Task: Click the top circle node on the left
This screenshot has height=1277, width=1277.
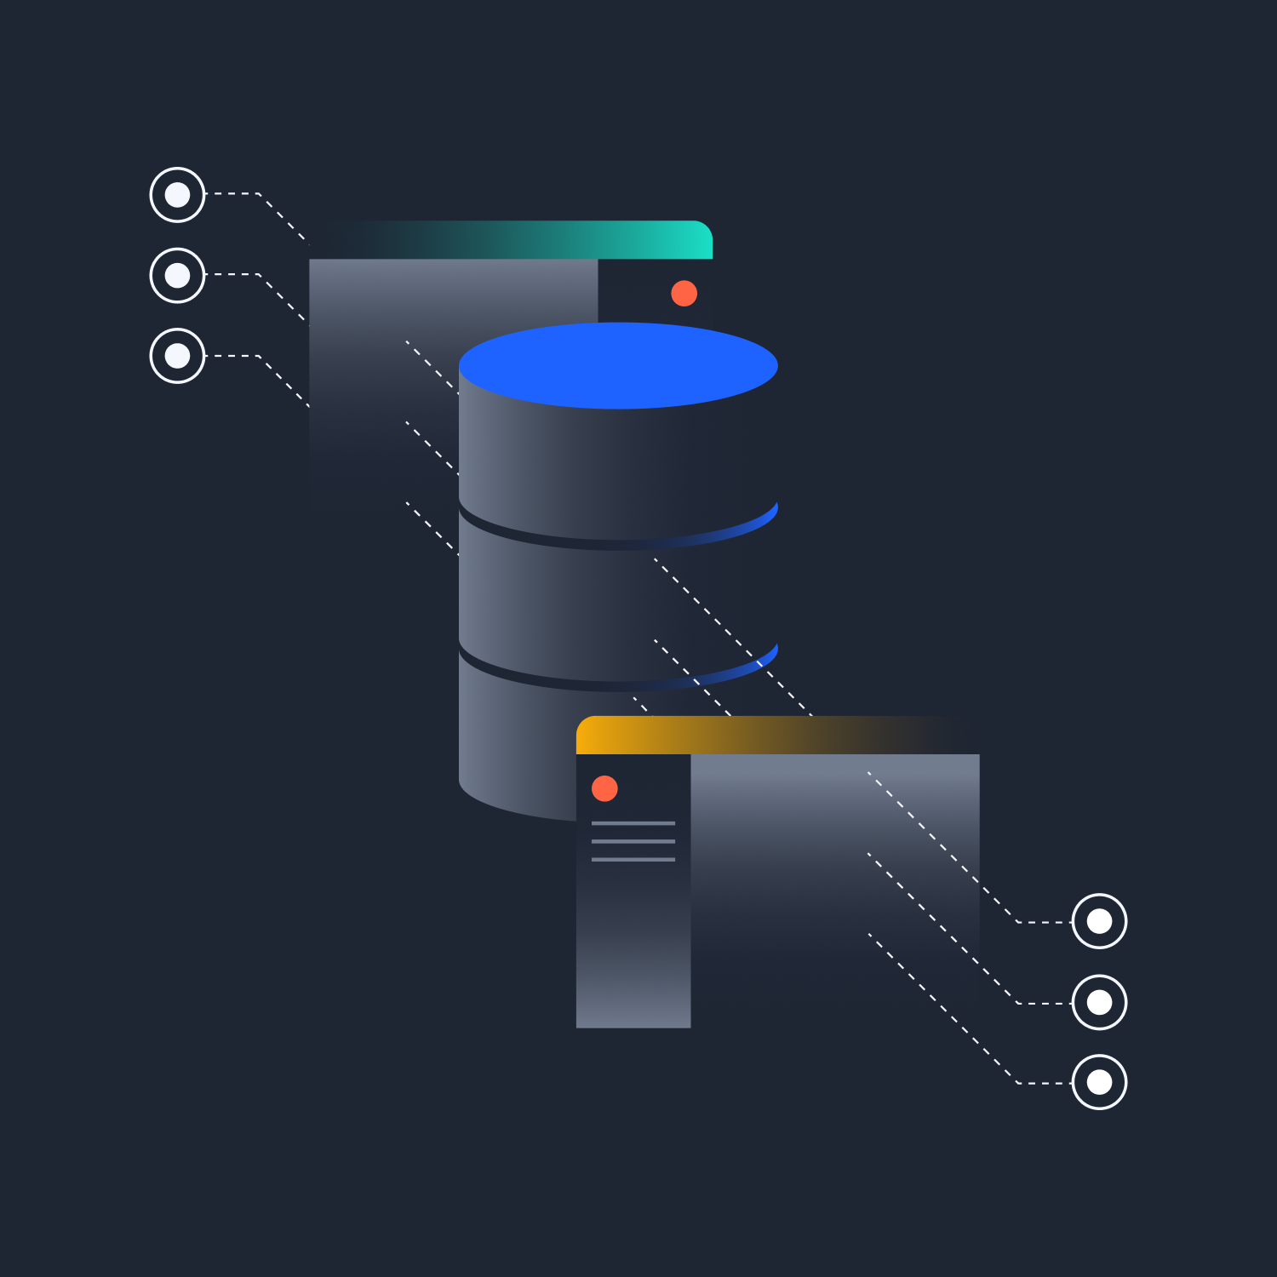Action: click(177, 195)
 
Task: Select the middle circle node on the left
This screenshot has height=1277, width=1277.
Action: click(177, 275)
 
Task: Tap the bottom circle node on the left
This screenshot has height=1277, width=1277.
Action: click(177, 356)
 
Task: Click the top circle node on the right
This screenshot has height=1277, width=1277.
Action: click(1099, 921)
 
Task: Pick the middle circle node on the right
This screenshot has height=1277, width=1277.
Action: click(1099, 1002)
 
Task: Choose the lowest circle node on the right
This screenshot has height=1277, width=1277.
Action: click(1099, 1082)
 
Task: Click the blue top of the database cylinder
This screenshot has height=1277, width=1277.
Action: click(618, 365)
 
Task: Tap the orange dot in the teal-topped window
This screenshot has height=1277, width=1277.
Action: click(684, 294)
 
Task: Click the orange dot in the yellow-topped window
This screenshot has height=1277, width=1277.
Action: click(604, 788)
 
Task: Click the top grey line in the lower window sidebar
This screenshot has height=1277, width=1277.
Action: click(633, 823)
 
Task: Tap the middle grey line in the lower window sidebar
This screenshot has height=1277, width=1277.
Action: click(633, 841)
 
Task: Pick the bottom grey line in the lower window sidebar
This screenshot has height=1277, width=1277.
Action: click(633, 859)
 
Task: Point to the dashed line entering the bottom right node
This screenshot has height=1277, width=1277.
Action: click(1044, 1083)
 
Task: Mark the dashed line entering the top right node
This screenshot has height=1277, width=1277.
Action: click(1044, 922)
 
